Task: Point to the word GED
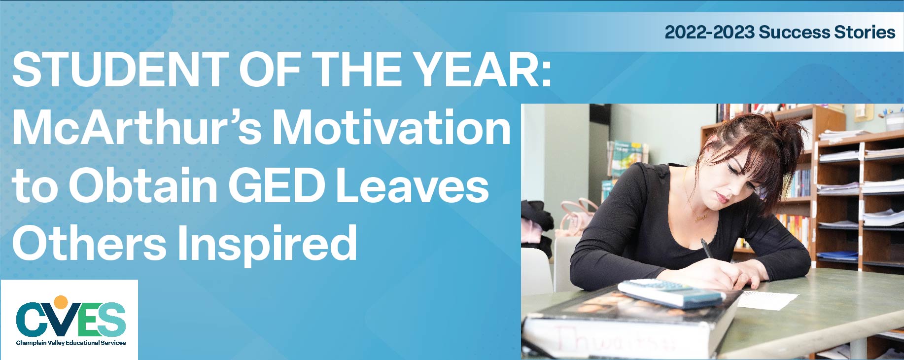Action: [x=277, y=186]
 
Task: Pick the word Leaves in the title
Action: [x=412, y=186]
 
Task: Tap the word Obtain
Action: [x=143, y=186]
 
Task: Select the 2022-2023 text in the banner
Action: [x=709, y=32]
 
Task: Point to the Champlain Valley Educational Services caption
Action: [x=71, y=343]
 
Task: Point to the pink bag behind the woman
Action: [x=574, y=217]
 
